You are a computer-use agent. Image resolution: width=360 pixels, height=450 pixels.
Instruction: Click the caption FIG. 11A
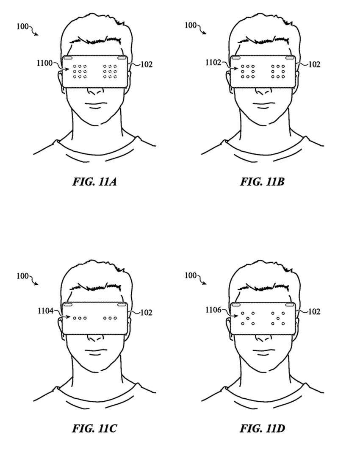pos(94,182)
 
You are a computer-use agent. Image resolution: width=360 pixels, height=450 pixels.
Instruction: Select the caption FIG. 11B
pos(262,182)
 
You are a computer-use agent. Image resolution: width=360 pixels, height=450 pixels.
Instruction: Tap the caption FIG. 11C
pos(94,429)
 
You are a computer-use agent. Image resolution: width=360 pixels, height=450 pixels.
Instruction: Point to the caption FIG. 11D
pos(262,429)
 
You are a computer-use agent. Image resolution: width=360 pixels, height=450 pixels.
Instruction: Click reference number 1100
pos(44,64)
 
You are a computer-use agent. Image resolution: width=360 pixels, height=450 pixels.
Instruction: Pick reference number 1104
pos(44,311)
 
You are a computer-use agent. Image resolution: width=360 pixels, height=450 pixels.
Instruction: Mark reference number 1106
pos(213,311)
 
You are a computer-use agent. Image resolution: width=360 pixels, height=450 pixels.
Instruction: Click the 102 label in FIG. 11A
pos(146,65)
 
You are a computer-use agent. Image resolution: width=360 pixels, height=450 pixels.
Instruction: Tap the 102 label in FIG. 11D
pos(314,312)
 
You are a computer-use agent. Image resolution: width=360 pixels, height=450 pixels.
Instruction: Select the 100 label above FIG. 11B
pos(191,25)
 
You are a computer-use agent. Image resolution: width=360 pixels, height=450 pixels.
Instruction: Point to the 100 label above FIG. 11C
pos(22,276)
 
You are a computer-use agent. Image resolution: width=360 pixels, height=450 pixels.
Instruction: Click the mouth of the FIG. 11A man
pos(95,103)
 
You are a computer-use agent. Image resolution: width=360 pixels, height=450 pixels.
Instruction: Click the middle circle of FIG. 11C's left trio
pos(80,318)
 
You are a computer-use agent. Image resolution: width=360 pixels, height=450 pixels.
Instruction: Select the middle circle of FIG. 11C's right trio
pos(110,318)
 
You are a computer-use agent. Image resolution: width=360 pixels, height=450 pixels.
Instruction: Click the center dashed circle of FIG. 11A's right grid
pos(110,72)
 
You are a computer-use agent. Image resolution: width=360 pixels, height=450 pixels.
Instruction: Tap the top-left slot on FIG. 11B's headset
pos(235,57)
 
